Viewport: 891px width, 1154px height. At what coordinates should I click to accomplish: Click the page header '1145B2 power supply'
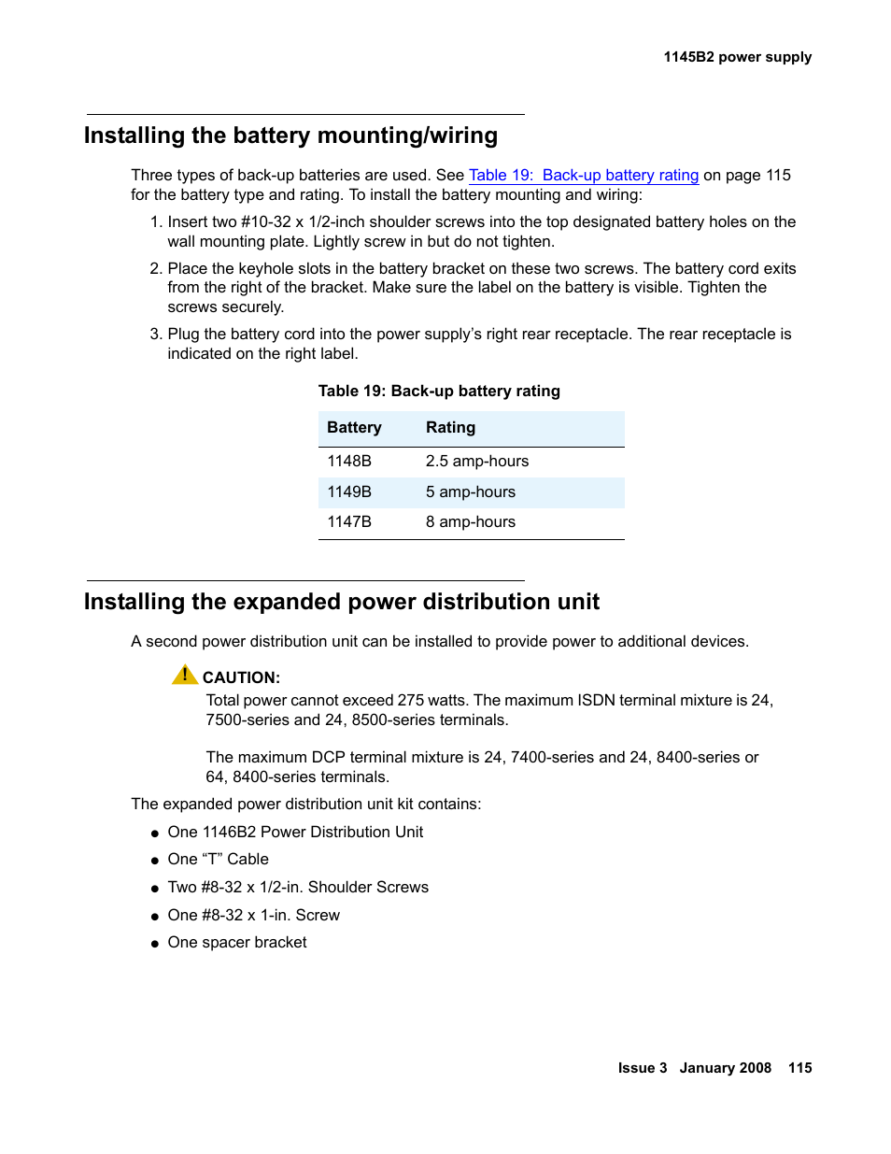click(737, 57)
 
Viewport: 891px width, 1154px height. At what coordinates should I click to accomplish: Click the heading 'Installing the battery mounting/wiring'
click(290, 135)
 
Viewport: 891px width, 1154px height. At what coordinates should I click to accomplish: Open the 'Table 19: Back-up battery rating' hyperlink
click(583, 176)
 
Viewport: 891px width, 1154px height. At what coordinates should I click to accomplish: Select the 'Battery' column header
click(354, 428)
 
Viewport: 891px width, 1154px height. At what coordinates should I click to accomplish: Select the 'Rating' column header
click(450, 428)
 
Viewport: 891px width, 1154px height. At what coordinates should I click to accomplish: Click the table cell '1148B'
click(349, 462)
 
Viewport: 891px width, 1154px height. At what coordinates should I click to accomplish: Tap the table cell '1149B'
click(349, 492)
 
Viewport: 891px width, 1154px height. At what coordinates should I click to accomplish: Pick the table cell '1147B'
click(349, 522)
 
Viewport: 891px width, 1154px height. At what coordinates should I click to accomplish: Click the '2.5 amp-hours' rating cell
click(477, 462)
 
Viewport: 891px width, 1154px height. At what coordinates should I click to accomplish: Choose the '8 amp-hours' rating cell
click(471, 522)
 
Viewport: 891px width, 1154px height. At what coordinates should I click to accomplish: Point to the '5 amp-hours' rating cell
click(471, 492)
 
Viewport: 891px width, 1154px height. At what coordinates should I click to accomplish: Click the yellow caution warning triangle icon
click(185, 675)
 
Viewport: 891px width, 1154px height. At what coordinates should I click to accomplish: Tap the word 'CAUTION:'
click(241, 678)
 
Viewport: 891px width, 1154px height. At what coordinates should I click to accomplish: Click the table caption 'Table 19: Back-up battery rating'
click(439, 392)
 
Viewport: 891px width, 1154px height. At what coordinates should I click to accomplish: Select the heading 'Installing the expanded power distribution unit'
click(342, 602)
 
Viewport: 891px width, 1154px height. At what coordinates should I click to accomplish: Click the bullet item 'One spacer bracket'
click(237, 943)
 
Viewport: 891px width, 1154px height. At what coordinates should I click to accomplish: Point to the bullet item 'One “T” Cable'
click(218, 860)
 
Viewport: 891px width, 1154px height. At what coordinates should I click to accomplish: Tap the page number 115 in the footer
click(799, 1068)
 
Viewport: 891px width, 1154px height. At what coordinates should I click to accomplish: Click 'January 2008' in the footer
click(725, 1068)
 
